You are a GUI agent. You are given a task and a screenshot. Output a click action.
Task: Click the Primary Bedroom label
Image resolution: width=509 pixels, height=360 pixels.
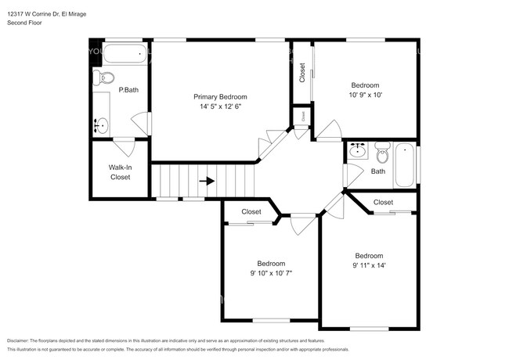click(x=215, y=96)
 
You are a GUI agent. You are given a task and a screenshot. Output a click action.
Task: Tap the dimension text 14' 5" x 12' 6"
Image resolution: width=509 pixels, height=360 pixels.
click(x=215, y=106)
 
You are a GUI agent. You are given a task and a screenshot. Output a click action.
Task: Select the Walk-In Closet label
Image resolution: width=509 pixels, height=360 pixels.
click(x=120, y=172)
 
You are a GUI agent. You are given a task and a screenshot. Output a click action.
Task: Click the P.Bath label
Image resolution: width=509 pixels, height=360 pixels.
click(x=128, y=90)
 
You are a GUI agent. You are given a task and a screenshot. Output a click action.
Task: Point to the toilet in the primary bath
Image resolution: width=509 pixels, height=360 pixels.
click(x=104, y=77)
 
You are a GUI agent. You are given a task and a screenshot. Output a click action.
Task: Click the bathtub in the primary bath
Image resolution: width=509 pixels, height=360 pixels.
click(x=125, y=55)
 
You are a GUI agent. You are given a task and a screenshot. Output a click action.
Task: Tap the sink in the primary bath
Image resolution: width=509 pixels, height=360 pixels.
click(x=101, y=124)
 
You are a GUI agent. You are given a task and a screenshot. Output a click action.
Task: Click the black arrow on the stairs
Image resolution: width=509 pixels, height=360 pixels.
click(x=207, y=181)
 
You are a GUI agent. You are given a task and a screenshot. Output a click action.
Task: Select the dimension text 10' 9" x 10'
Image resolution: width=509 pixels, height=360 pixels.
click(x=365, y=95)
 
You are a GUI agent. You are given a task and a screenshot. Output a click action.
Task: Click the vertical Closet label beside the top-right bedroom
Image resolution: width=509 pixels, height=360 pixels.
click(x=302, y=73)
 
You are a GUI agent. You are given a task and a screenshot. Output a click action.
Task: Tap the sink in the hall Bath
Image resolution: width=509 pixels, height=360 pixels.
click(x=358, y=150)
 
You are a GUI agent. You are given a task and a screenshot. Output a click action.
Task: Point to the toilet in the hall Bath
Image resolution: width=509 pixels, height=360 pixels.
click(x=381, y=152)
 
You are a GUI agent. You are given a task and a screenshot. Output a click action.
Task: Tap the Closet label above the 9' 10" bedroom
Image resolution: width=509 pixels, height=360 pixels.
click(x=251, y=211)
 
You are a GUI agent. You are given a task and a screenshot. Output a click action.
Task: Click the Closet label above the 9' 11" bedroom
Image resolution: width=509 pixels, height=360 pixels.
click(x=383, y=202)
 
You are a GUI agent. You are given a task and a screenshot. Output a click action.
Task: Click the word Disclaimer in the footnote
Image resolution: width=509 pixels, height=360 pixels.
click(x=23, y=341)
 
